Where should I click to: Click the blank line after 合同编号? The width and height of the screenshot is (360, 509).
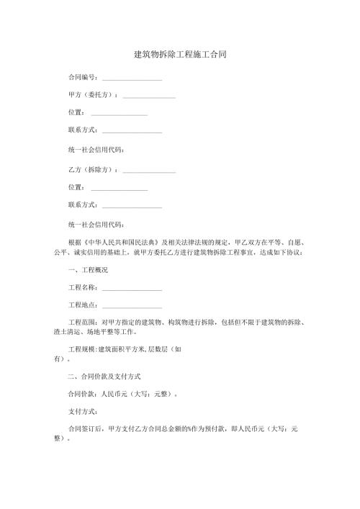pos(132,78)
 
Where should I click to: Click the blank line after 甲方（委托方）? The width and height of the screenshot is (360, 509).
pos(150,96)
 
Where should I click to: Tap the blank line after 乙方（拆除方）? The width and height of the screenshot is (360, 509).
pos(150,171)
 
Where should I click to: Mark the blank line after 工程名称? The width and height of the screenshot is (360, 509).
pos(132,288)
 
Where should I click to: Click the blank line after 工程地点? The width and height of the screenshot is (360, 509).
pos(132,306)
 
